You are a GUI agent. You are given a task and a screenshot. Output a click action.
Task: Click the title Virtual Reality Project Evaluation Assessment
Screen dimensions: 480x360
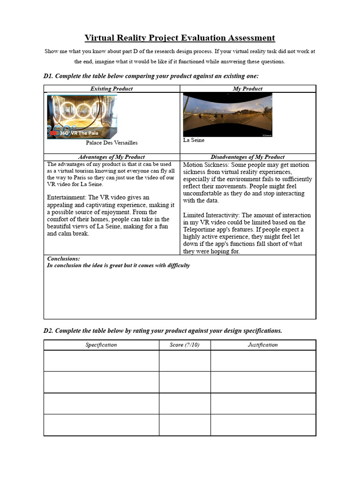click(x=180, y=38)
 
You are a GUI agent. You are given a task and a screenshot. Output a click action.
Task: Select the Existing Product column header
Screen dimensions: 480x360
click(x=112, y=89)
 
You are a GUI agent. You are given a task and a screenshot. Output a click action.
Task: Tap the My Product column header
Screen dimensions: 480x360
click(x=247, y=89)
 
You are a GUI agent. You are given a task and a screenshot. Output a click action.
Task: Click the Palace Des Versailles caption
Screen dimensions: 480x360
click(x=112, y=142)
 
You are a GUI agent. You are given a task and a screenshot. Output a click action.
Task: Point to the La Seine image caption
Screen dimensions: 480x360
click(x=194, y=140)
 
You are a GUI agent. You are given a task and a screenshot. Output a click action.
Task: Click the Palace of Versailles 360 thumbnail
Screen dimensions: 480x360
click(x=82, y=117)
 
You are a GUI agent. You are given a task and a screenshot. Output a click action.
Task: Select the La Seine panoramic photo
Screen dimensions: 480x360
click(x=227, y=115)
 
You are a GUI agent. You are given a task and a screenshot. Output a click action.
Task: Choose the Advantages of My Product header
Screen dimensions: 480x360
click(x=112, y=157)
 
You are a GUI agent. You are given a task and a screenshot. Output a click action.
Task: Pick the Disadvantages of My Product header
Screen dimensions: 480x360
click(x=247, y=157)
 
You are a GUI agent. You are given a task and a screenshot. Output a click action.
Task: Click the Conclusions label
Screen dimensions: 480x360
click(x=63, y=259)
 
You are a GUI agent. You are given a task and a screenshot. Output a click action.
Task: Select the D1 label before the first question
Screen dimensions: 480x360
click(x=49, y=76)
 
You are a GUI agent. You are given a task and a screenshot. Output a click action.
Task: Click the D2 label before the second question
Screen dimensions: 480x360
click(x=49, y=330)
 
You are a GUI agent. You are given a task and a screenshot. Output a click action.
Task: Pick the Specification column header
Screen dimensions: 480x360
click(x=101, y=345)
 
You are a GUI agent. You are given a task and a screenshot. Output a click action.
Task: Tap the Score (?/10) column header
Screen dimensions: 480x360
click(x=185, y=345)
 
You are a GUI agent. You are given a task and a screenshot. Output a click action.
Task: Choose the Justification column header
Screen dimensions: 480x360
click(x=263, y=345)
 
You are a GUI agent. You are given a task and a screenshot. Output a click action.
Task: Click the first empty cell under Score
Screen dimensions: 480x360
click(x=185, y=361)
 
